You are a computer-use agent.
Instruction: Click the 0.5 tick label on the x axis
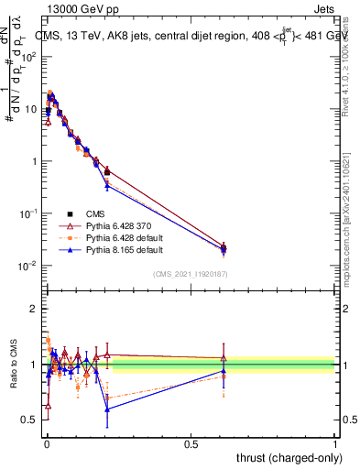click(x=191, y=442)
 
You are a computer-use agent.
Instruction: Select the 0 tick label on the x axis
click(x=46, y=442)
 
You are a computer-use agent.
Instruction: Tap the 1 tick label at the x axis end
click(x=335, y=442)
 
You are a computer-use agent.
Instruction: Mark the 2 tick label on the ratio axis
click(x=34, y=309)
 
